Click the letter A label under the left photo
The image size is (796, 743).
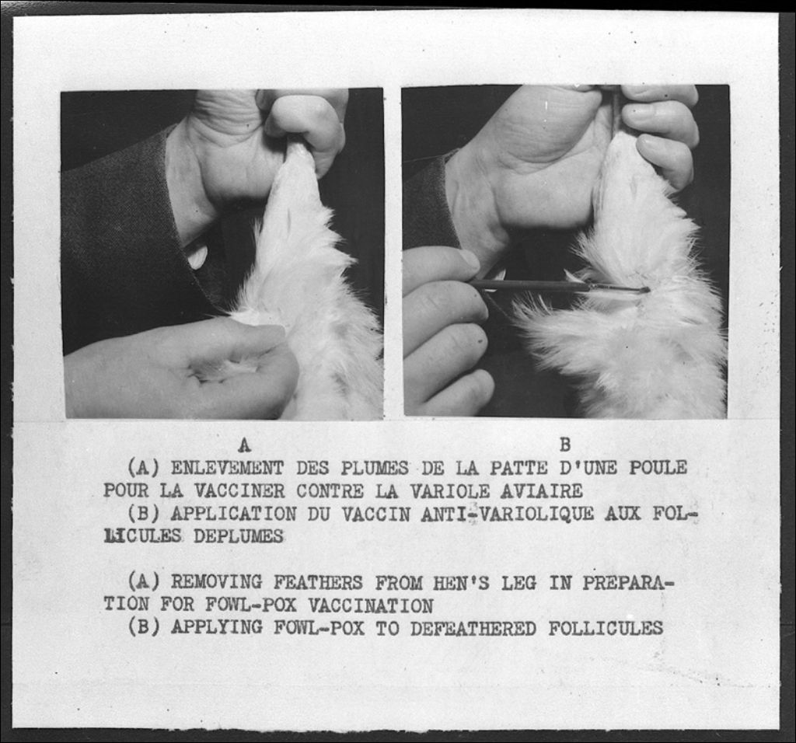pos(245,445)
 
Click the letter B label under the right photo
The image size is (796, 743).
pos(565,445)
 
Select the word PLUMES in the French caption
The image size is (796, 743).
pos(374,467)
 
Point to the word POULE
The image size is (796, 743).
pos(658,467)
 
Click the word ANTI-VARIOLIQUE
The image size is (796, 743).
pos(507,514)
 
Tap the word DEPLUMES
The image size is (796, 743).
pos(238,536)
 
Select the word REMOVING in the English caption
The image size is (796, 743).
pos(216,582)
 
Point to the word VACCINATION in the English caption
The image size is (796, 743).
pos(371,605)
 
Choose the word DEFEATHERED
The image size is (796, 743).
pos(473,628)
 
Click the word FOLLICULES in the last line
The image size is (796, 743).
pos(606,628)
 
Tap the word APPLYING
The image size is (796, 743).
pos(216,628)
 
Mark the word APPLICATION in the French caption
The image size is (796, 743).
pos(233,514)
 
